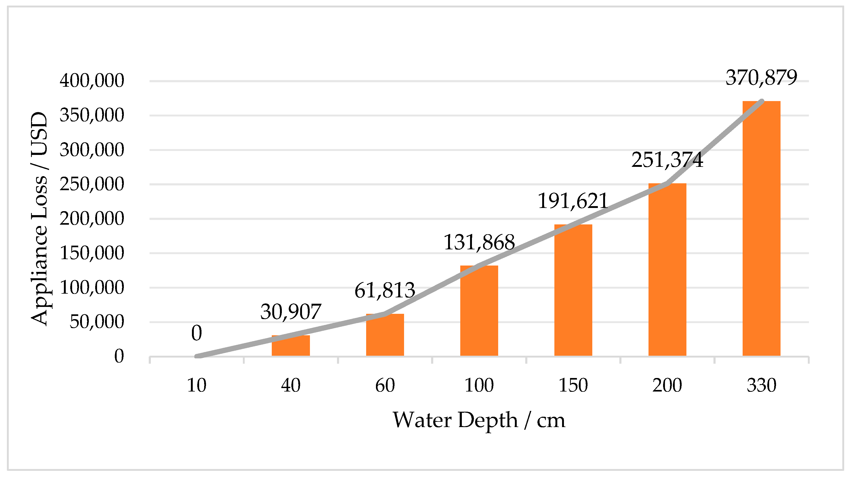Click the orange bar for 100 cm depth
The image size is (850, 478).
tap(479, 314)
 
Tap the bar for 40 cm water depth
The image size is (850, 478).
tap(291, 347)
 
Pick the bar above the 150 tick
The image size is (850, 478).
tap(573, 294)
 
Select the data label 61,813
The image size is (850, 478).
tap(385, 290)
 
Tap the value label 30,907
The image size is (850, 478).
tap(291, 312)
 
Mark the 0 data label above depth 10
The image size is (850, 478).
tap(197, 333)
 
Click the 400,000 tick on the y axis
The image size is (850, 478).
tap(92, 81)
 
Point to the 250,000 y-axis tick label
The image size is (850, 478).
tap(92, 184)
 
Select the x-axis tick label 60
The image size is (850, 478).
tap(385, 385)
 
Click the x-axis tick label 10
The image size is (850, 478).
tap(197, 385)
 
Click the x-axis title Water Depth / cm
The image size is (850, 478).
tap(479, 420)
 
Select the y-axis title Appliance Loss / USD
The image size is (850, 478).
tap(40, 219)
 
